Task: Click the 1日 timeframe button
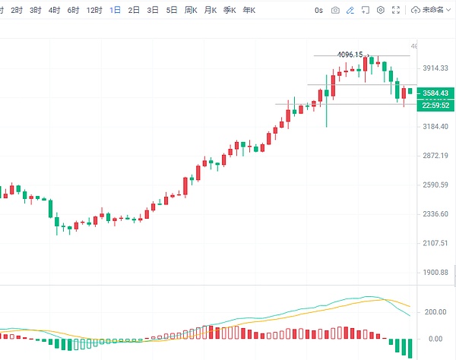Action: coord(115,11)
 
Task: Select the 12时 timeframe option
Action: coord(94,11)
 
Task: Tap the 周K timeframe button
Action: coord(191,11)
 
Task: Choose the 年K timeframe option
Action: coord(249,11)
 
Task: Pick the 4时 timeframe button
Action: coord(54,11)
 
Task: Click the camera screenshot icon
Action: coord(335,11)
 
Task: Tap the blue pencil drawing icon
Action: coord(350,11)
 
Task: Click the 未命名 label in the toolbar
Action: coord(436,11)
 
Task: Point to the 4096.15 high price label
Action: coord(350,55)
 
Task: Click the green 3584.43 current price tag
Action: coord(435,93)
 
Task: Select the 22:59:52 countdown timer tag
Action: coord(435,105)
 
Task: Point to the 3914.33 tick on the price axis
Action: coord(435,68)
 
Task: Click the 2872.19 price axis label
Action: coord(435,156)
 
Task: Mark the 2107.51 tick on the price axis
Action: coord(435,243)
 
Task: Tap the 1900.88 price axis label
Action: coord(435,272)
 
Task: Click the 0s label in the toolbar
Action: coord(318,11)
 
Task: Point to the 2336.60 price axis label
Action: coord(435,214)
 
